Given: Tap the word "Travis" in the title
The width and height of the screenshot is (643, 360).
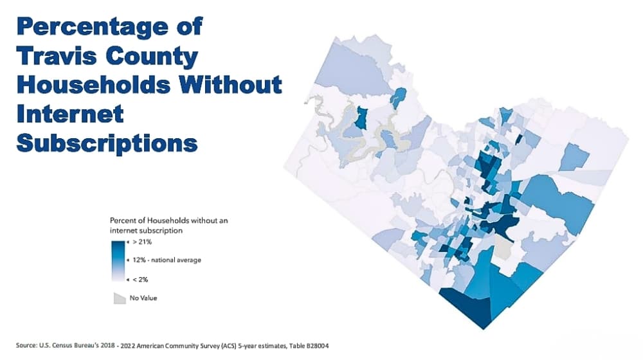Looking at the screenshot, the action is click(x=58, y=56).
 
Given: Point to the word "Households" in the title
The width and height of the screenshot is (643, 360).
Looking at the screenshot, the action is click(x=93, y=85).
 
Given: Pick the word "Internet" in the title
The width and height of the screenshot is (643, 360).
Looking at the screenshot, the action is click(x=70, y=114).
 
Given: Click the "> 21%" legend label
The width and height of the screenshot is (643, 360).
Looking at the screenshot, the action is click(x=142, y=242).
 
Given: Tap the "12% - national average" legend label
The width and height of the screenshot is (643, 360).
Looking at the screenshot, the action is click(x=167, y=260).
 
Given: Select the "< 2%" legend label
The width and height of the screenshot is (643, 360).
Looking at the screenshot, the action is click(x=140, y=280).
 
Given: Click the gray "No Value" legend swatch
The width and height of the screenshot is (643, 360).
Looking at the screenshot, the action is click(x=120, y=298).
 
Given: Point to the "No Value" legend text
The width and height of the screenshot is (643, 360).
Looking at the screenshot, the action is click(x=143, y=298).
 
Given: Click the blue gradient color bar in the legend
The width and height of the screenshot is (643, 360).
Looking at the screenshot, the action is click(x=118, y=260).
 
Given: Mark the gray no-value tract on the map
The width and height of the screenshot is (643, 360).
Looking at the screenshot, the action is click(x=503, y=247).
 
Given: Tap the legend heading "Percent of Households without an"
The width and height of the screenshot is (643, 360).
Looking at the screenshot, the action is click(x=168, y=221).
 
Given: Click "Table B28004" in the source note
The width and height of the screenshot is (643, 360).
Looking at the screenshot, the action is click(x=309, y=346).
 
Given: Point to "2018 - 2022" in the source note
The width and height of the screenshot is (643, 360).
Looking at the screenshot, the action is click(x=125, y=346).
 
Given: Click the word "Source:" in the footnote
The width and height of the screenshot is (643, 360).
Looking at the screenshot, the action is click(x=26, y=346).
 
